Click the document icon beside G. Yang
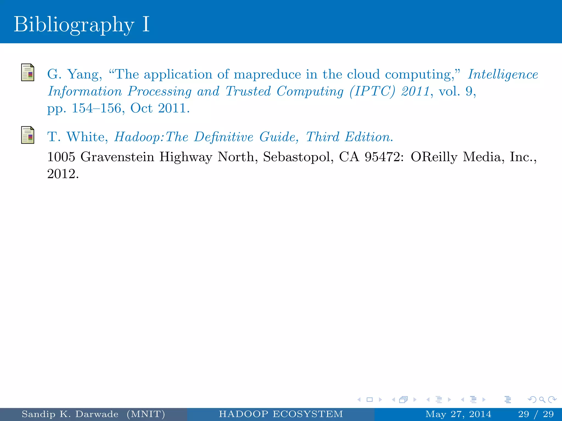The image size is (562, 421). pyautogui.click(x=28, y=72)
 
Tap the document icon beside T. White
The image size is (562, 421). pyautogui.click(x=28, y=135)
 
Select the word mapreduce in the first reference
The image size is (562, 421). pyautogui.click(x=267, y=75)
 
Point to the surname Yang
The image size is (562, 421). pyautogui.click(x=85, y=75)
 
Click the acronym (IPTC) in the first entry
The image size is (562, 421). pyautogui.click(x=372, y=92)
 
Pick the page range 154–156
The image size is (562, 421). pyautogui.click(x=96, y=108)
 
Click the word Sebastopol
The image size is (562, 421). pyautogui.click(x=298, y=157)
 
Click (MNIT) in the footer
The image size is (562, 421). pyautogui.click(x=146, y=414)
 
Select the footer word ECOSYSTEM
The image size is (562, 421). pyautogui.click(x=308, y=414)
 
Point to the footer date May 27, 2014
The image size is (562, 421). pyautogui.click(x=458, y=414)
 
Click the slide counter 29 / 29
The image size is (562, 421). pyautogui.click(x=536, y=414)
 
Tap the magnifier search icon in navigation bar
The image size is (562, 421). pyautogui.click(x=542, y=400)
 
